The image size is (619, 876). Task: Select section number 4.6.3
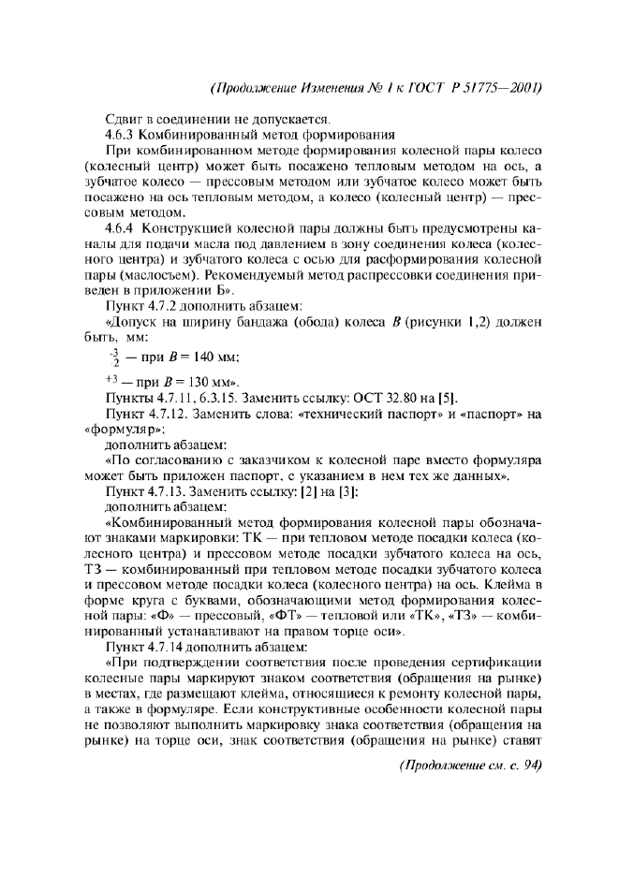click(x=121, y=135)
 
